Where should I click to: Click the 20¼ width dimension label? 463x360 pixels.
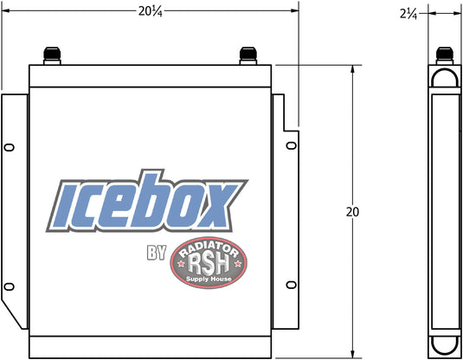pyautogui.click(x=151, y=11)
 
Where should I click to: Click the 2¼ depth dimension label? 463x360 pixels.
pyautogui.click(x=408, y=14)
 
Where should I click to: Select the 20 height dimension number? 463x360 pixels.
pyautogui.click(x=352, y=212)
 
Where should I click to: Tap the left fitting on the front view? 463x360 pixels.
pyautogui.click(x=52, y=55)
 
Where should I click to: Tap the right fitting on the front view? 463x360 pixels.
pyautogui.click(x=248, y=55)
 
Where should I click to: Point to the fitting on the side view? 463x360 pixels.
pyautogui.click(x=445, y=55)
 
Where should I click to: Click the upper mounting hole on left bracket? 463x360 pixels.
pyautogui.click(x=10, y=147)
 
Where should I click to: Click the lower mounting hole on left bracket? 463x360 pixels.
pyautogui.click(x=10, y=286)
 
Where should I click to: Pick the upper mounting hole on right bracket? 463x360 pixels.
pyautogui.click(x=292, y=145)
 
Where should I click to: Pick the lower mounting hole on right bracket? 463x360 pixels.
pyautogui.click(x=292, y=285)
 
